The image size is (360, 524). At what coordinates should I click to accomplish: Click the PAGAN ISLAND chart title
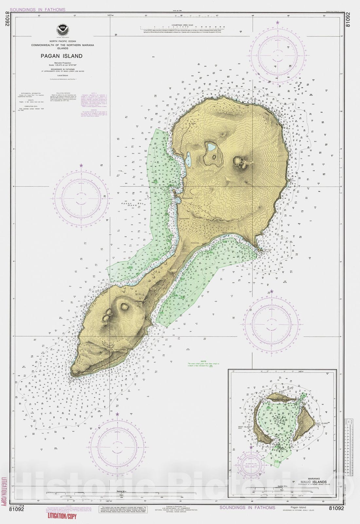[x=62, y=56]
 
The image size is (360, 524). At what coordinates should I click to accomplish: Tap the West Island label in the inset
[x=245, y=427]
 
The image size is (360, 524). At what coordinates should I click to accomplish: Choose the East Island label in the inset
[x=321, y=423]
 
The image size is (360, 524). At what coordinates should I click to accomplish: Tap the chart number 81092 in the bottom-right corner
[x=336, y=508]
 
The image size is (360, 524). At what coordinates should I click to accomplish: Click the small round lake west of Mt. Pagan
[x=211, y=148]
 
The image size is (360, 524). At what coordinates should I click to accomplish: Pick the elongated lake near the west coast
[x=189, y=159]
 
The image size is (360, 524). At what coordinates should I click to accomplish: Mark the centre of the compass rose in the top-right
[x=278, y=56]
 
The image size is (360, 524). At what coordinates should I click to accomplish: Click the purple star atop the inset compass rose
[x=251, y=447]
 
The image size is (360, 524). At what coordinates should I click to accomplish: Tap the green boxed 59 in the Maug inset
[x=277, y=461]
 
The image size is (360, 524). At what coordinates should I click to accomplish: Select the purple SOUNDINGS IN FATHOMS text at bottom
[x=247, y=507]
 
